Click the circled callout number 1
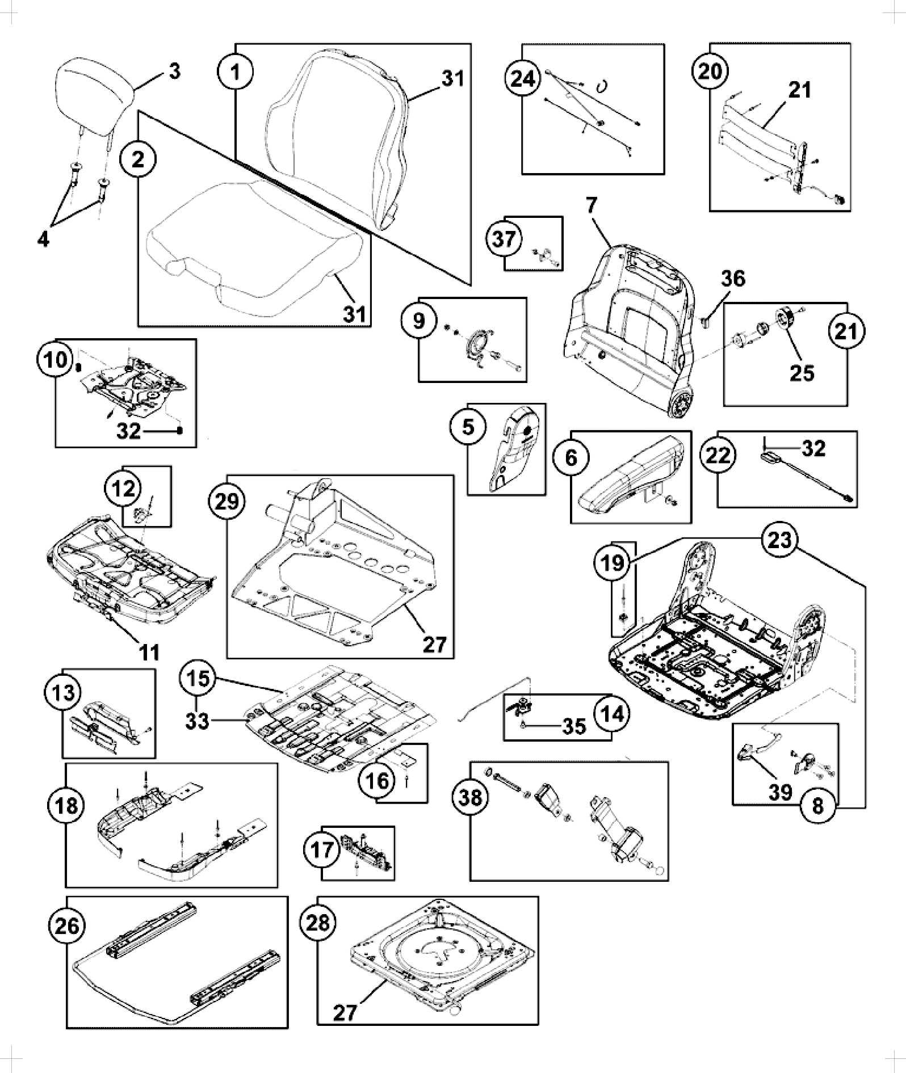(x=235, y=71)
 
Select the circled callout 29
(x=227, y=502)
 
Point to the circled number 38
(x=471, y=797)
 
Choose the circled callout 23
(x=779, y=539)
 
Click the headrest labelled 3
(x=95, y=101)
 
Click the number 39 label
(x=780, y=791)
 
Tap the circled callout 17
(x=325, y=852)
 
